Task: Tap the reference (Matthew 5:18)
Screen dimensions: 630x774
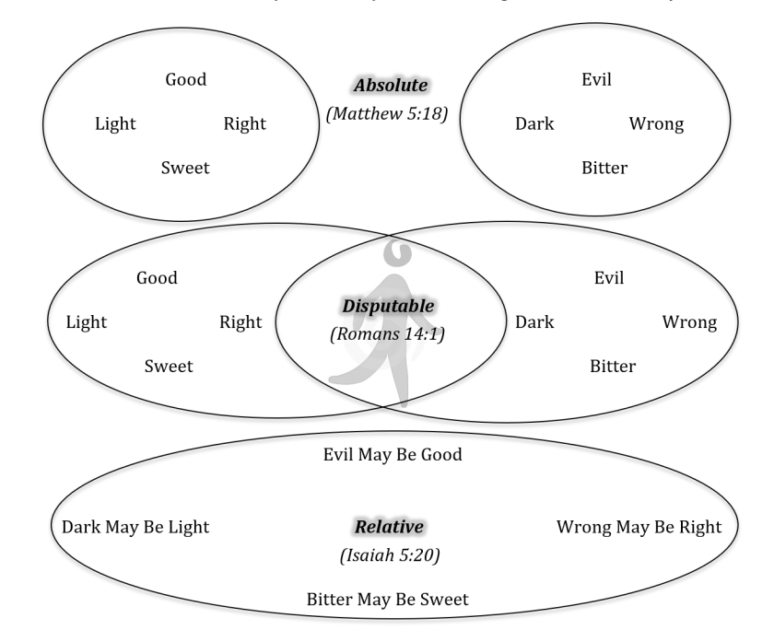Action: point(387,114)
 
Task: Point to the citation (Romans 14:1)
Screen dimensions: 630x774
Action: point(386,334)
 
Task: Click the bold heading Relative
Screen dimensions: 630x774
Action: point(390,527)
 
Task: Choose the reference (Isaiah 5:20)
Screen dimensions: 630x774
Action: point(388,556)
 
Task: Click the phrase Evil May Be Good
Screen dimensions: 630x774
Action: point(392,454)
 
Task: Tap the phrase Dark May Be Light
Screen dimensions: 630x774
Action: point(135,527)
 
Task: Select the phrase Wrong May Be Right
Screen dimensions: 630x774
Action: point(639,527)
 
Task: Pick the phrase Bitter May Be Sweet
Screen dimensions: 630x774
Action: point(388,599)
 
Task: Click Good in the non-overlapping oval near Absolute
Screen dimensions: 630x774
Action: point(185,79)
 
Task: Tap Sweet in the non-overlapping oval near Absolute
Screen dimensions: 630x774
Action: point(185,168)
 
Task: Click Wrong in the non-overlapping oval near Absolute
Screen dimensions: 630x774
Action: point(656,123)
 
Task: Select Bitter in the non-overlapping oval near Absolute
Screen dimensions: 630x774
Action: point(604,168)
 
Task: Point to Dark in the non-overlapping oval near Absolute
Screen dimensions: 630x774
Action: point(534,123)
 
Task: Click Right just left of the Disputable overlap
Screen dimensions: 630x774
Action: point(240,322)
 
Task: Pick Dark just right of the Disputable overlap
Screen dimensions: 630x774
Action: point(534,322)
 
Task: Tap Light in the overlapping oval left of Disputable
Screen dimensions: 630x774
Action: point(87,322)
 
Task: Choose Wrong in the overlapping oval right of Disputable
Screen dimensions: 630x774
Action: point(689,322)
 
